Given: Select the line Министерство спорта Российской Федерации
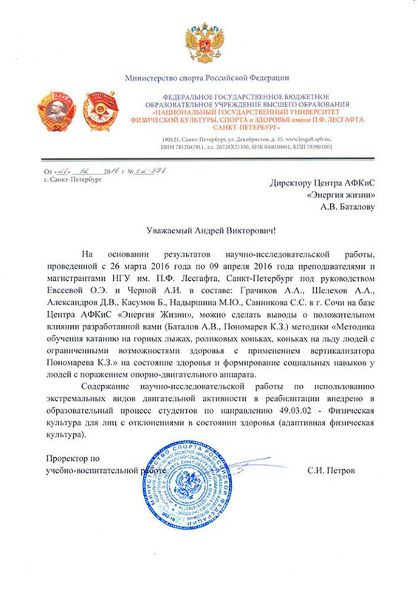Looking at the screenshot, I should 208,77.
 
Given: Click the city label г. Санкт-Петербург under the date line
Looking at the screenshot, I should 72,180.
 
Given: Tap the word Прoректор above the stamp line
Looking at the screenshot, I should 66,458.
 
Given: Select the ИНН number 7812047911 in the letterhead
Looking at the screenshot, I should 191,146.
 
